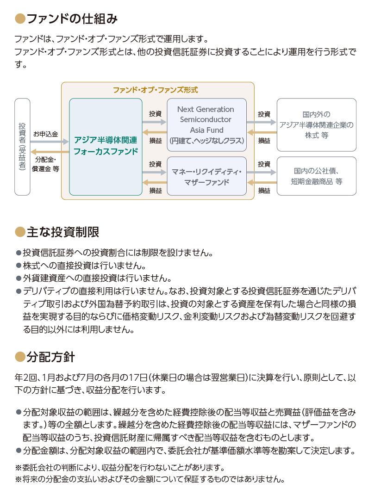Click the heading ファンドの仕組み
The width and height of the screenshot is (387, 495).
[72, 19]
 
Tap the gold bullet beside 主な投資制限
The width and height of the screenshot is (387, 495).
[20, 232]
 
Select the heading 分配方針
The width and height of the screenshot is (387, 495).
[50, 357]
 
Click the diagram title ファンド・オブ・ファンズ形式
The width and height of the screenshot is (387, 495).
[156, 90]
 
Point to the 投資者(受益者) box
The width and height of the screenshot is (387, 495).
[22, 147]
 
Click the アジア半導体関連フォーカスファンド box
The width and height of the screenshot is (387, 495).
[106, 147]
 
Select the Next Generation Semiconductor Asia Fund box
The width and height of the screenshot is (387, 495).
[206, 125]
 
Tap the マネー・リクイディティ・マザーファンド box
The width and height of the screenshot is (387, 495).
[206, 176]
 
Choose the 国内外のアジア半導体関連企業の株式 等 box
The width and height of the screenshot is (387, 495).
[317, 125]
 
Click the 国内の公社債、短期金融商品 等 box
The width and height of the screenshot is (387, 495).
[317, 176]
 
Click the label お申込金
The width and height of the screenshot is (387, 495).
[46, 134]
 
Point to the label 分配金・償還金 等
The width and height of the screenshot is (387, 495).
[46, 164]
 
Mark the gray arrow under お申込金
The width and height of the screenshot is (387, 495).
[50, 142]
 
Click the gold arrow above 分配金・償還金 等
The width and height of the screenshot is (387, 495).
[50, 152]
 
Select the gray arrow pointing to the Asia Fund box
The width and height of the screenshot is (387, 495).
[155, 122]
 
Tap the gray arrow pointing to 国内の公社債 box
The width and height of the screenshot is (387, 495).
[262, 173]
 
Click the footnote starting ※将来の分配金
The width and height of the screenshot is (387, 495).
[150, 479]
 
